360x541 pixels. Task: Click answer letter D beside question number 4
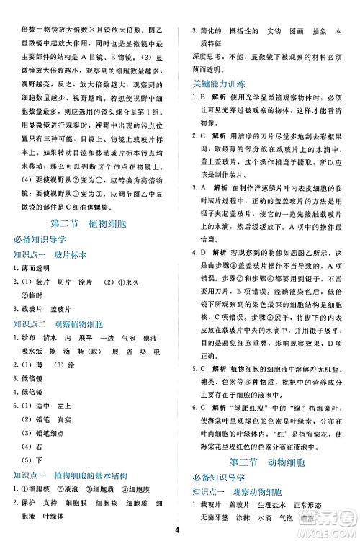[204, 253]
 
